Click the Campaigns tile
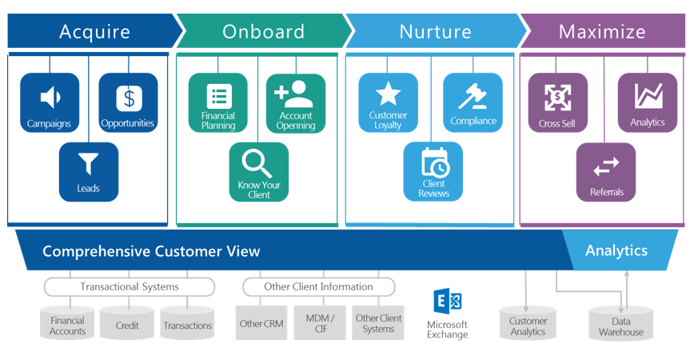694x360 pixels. pyautogui.click(x=50, y=102)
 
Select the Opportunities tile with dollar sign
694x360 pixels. pyautogui.click(x=129, y=102)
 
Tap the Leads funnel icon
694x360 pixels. pyautogui.click(x=89, y=163)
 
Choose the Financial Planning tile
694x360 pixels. pyautogui.click(x=217, y=102)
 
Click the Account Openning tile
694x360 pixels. pyautogui.click(x=296, y=103)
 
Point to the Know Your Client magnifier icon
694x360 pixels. pyautogui.click(x=257, y=164)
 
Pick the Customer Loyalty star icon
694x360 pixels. pyautogui.click(x=388, y=94)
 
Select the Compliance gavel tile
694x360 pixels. pyautogui.click(x=473, y=102)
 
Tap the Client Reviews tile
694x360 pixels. pyautogui.click(x=433, y=171)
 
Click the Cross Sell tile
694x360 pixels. pyautogui.click(x=558, y=102)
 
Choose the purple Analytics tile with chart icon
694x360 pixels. pyautogui.click(x=648, y=102)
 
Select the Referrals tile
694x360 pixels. pyautogui.click(x=606, y=172)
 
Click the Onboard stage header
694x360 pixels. pyautogui.click(x=264, y=31)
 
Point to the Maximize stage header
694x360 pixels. pyautogui.click(x=603, y=31)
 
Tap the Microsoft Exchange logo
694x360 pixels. pyautogui.click(x=448, y=301)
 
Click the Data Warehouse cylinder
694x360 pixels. pyautogui.click(x=621, y=323)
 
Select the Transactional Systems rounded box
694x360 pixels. pyautogui.click(x=130, y=287)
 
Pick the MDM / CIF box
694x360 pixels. pyautogui.click(x=320, y=323)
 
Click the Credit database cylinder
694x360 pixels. pyautogui.click(x=127, y=324)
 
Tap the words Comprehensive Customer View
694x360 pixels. pyautogui.click(x=151, y=251)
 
